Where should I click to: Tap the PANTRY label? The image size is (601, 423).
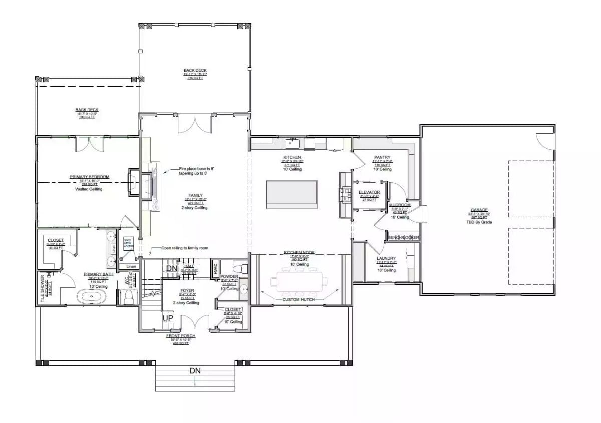(x=382, y=157)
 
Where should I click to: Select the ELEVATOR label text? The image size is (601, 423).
(x=369, y=192)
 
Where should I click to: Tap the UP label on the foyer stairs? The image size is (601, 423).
(x=167, y=318)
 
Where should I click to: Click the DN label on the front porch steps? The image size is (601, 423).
(x=195, y=371)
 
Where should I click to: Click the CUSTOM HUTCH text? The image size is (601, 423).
(x=298, y=299)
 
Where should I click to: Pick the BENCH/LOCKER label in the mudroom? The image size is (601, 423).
(x=403, y=237)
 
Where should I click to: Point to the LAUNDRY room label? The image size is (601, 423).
(x=386, y=258)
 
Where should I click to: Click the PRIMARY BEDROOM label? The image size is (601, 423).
(x=89, y=177)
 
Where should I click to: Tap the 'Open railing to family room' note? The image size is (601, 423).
(x=184, y=248)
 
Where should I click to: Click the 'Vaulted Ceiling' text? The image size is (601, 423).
(x=89, y=189)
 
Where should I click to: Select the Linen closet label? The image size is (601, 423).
(x=131, y=266)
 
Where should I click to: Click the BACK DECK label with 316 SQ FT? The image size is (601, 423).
(x=195, y=70)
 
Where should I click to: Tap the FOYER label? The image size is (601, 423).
(x=186, y=290)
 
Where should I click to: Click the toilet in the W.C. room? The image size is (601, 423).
(x=128, y=298)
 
